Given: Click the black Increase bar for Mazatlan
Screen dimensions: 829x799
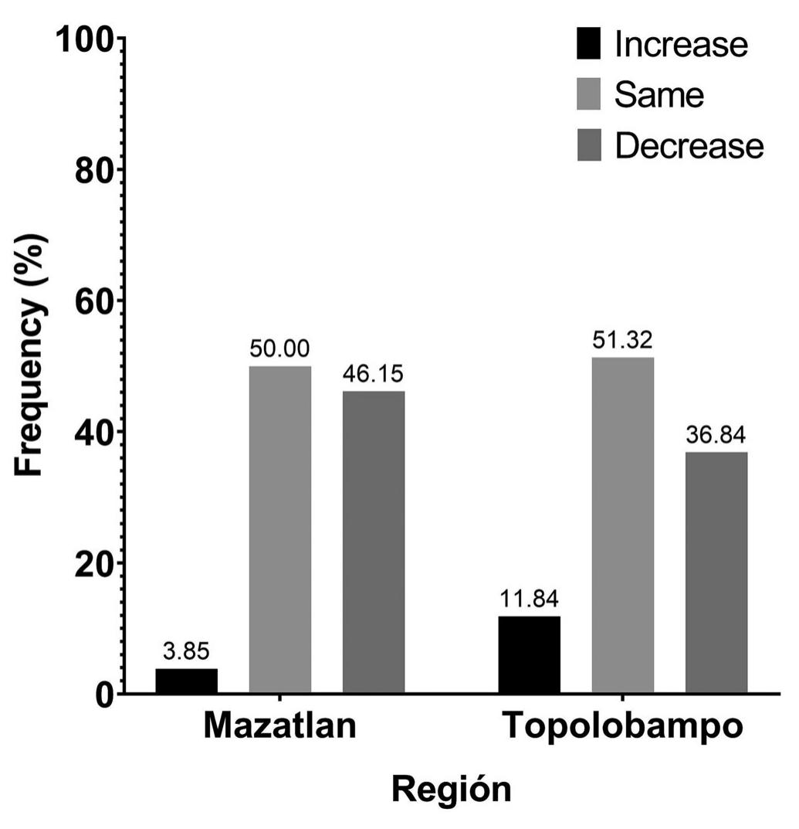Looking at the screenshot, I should [186, 681].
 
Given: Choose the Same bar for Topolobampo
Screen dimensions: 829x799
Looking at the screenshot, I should [623, 525].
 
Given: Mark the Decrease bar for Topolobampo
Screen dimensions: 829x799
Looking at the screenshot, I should [716, 572].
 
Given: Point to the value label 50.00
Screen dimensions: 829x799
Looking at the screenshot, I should [280, 349].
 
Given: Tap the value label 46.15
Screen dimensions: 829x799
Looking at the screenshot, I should [374, 375].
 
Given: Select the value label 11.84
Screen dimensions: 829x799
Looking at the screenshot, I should [530, 600].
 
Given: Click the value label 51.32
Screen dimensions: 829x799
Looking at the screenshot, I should [623, 341].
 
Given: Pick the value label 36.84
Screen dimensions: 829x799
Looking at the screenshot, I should [716, 436].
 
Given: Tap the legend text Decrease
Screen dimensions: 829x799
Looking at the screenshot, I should [689, 146].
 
